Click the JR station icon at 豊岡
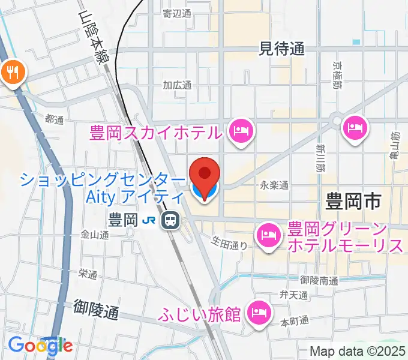[171, 221]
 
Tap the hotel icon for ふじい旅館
[260, 312]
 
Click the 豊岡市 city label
[353, 201]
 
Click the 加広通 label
[177, 85]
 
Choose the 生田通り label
[229, 243]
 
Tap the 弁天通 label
[293, 295]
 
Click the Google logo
[40, 345]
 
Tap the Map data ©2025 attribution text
[358, 351]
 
